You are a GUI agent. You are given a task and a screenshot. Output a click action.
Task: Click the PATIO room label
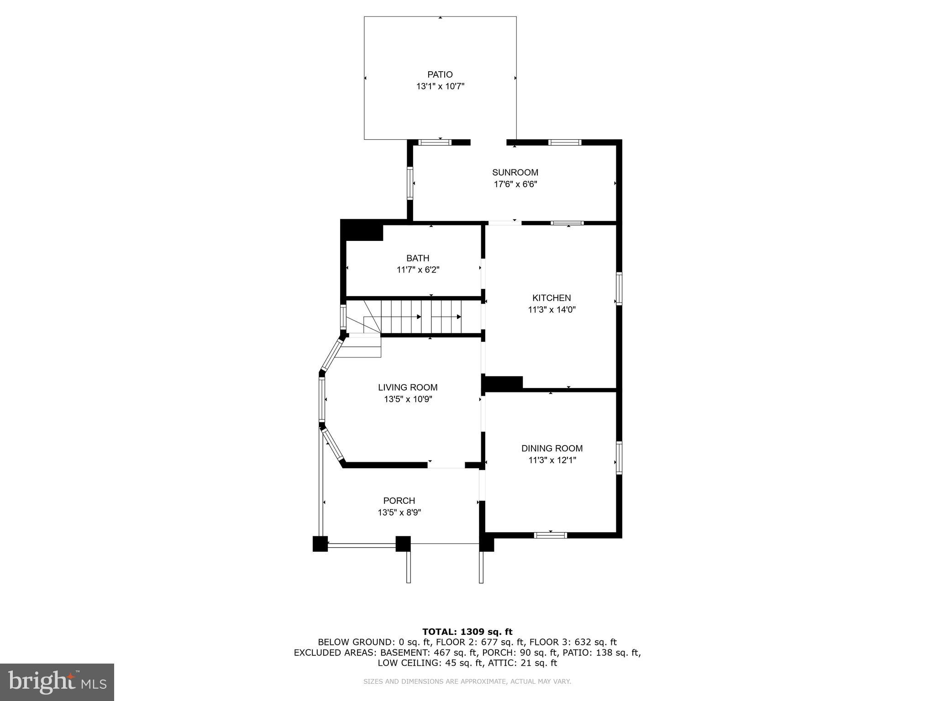coord(440,74)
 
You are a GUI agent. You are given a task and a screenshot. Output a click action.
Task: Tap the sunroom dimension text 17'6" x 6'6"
coord(515,184)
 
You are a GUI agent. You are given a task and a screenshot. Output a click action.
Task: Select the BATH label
coord(418,258)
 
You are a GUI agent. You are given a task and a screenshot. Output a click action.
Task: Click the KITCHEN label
coord(552,298)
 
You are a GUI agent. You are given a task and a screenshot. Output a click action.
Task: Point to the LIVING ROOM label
coord(408,387)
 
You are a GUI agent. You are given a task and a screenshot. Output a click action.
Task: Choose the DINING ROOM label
coord(552,449)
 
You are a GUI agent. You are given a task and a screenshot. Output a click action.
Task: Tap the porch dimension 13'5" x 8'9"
coord(399,513)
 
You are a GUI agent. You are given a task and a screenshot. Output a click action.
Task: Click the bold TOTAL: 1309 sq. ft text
coord(467,632)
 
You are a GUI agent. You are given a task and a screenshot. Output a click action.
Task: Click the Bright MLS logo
coord(57,682)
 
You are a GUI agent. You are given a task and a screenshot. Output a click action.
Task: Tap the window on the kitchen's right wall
coord(619,288)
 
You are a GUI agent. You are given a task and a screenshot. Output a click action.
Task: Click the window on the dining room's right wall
coord(619,458)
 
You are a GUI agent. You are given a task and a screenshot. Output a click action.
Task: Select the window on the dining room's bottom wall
coord(551,535)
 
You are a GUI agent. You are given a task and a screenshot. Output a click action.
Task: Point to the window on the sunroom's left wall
coord(410,183)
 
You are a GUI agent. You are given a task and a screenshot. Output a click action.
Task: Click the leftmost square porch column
coord(320,544)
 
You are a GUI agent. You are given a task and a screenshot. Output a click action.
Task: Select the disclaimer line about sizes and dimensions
coord(467,681)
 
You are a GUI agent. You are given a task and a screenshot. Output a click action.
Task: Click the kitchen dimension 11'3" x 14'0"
coord(552,310)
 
